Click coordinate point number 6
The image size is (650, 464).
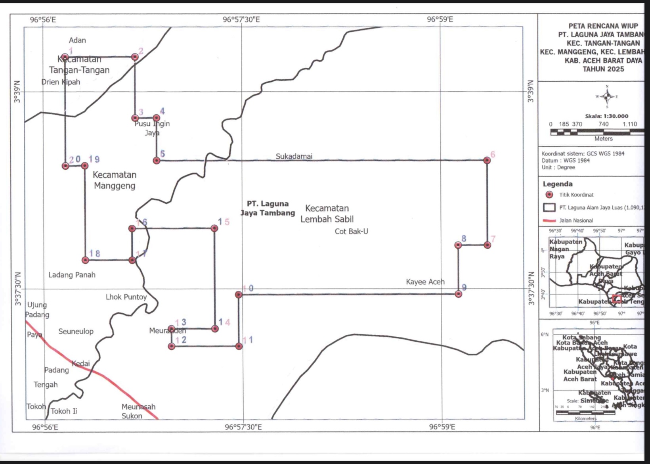[x=487, y=160]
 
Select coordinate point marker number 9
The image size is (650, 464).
[x=458, y=294]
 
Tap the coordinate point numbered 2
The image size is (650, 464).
[x=135, y=57]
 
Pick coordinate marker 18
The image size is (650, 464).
[x=85, y=260]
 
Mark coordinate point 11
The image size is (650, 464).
[x=239, y=346]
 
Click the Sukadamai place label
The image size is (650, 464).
[x=294, y=156]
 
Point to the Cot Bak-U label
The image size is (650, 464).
[x=351, y=231]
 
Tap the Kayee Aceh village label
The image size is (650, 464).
[x=425, y=282]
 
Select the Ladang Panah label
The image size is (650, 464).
[x=72, y=274]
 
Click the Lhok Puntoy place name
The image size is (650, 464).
[x=126, y=297]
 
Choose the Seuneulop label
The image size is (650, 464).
[x=76, y=331]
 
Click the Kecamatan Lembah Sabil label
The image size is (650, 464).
[x=327, y=214]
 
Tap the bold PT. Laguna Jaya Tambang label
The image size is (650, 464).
[x=268, y=208]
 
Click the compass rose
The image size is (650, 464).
[x=607, y=96]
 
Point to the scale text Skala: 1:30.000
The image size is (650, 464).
[x=606, y=116]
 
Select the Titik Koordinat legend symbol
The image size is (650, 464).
[x=549, y=195]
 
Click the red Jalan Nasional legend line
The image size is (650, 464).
[x=549, y=220]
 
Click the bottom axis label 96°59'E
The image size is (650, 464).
[x=442, y=427]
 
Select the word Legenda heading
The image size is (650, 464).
[x=557, y=184]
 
